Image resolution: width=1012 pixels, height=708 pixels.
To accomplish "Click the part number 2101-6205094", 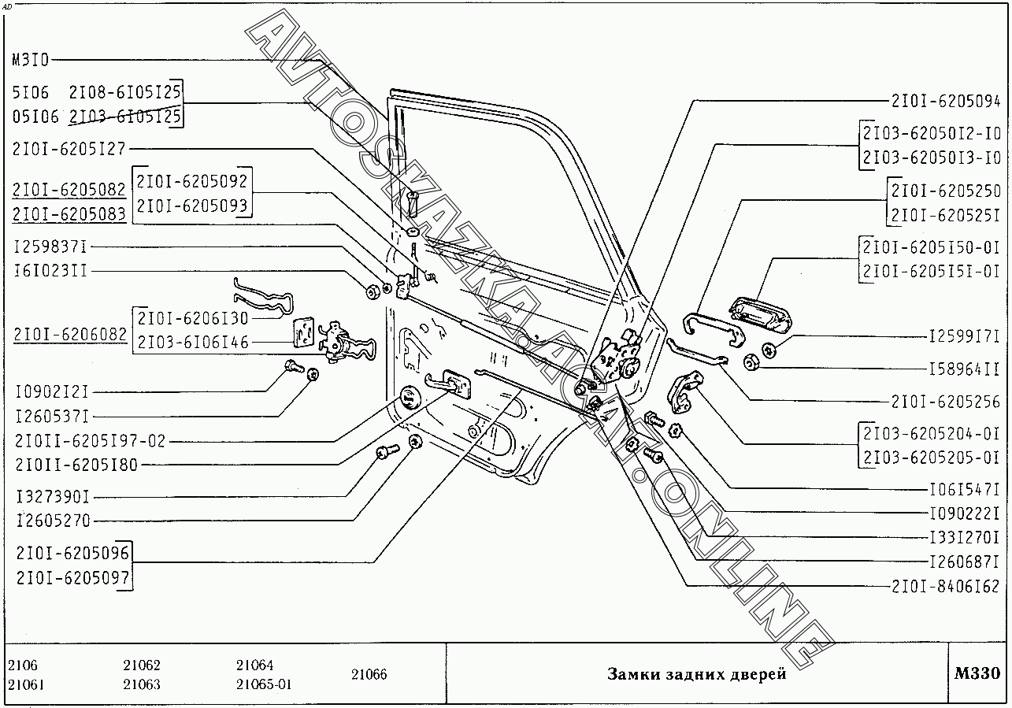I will (x=945, y=102).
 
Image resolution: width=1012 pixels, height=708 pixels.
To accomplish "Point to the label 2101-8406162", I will (x=945, y=586).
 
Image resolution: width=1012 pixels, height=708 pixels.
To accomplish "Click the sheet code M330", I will (x=977, y=674).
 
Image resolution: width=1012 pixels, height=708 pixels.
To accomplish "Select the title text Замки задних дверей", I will (x=696, y=674).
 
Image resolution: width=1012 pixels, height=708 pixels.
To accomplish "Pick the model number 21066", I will (x=369, y=675).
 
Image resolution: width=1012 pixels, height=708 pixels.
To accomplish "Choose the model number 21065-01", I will (x=263, y=684).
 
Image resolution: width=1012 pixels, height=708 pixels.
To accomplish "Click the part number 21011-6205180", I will (x=76, y=465).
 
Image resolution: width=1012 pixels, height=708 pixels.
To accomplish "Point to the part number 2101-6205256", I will (x=945, y=402).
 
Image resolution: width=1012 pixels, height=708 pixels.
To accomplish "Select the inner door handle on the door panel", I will (x=447, y=383).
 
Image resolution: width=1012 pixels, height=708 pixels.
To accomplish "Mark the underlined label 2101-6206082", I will (x=70, y=335).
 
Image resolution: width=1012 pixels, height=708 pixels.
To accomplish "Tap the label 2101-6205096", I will (x=72, y=554).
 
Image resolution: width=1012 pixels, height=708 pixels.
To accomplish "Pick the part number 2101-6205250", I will (x=945, y=191).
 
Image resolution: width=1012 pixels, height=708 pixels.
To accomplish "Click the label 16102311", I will (x=50, y=270).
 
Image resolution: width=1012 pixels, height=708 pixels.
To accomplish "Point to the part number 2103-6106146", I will (x=193, y=343).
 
